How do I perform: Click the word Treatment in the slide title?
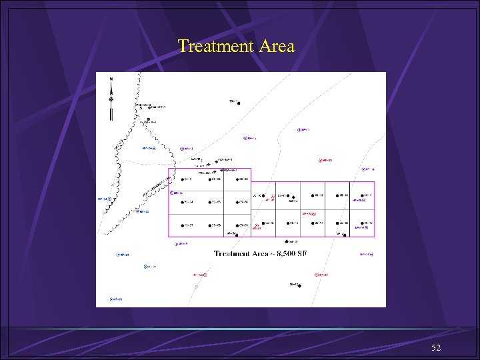pos(212,47)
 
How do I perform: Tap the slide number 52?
pos(436,348)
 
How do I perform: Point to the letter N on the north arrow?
pos(111,79)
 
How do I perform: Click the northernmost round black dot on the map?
pos(239,103)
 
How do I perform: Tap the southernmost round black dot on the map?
pos(299,285)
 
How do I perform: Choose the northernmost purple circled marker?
pos(299,130)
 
